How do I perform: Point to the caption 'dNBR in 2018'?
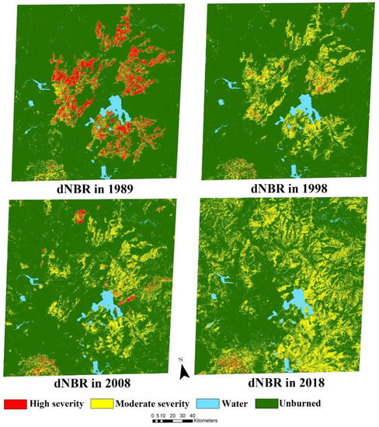point(283,383)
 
